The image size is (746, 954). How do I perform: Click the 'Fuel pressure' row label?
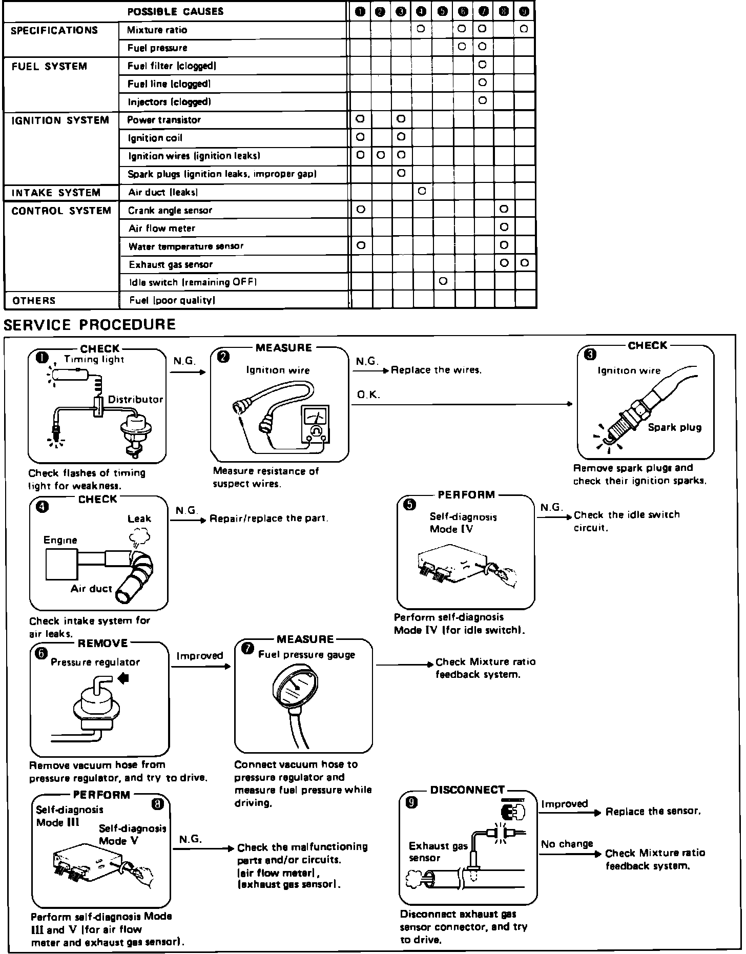157,48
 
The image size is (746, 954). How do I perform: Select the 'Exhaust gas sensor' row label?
171,265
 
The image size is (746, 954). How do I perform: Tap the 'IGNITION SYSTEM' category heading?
60,120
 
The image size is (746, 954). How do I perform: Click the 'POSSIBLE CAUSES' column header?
175,12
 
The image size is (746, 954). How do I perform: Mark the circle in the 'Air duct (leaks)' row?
422,192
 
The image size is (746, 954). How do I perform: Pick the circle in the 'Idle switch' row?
443,281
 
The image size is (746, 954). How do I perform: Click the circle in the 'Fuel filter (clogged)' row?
482,65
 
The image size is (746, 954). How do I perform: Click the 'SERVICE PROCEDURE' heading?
90,325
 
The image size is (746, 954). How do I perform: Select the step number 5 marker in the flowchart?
410,505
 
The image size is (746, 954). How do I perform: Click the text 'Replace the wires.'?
436,370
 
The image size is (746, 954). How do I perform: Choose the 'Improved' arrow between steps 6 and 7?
201,667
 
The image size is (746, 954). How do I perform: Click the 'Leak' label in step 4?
139,519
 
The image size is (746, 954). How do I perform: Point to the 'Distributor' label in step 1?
135,400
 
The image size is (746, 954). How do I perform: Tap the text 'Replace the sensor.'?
653,812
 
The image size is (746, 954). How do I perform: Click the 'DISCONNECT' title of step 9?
467,790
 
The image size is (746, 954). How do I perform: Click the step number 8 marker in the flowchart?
158,805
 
